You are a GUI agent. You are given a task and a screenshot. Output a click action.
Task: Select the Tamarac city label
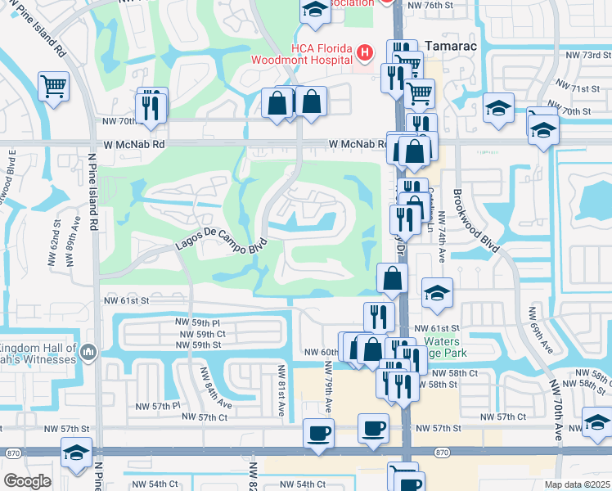[449, 46]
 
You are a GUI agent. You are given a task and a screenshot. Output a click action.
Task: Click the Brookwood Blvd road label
[472, 220]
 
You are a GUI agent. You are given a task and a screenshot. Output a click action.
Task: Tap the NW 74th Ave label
[442, 237]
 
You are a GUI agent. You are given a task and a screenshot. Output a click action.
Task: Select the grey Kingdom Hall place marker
[88, 353]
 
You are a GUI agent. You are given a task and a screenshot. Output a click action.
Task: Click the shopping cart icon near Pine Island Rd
[53, 85]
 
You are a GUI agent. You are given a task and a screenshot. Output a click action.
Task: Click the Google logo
[27, 481]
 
